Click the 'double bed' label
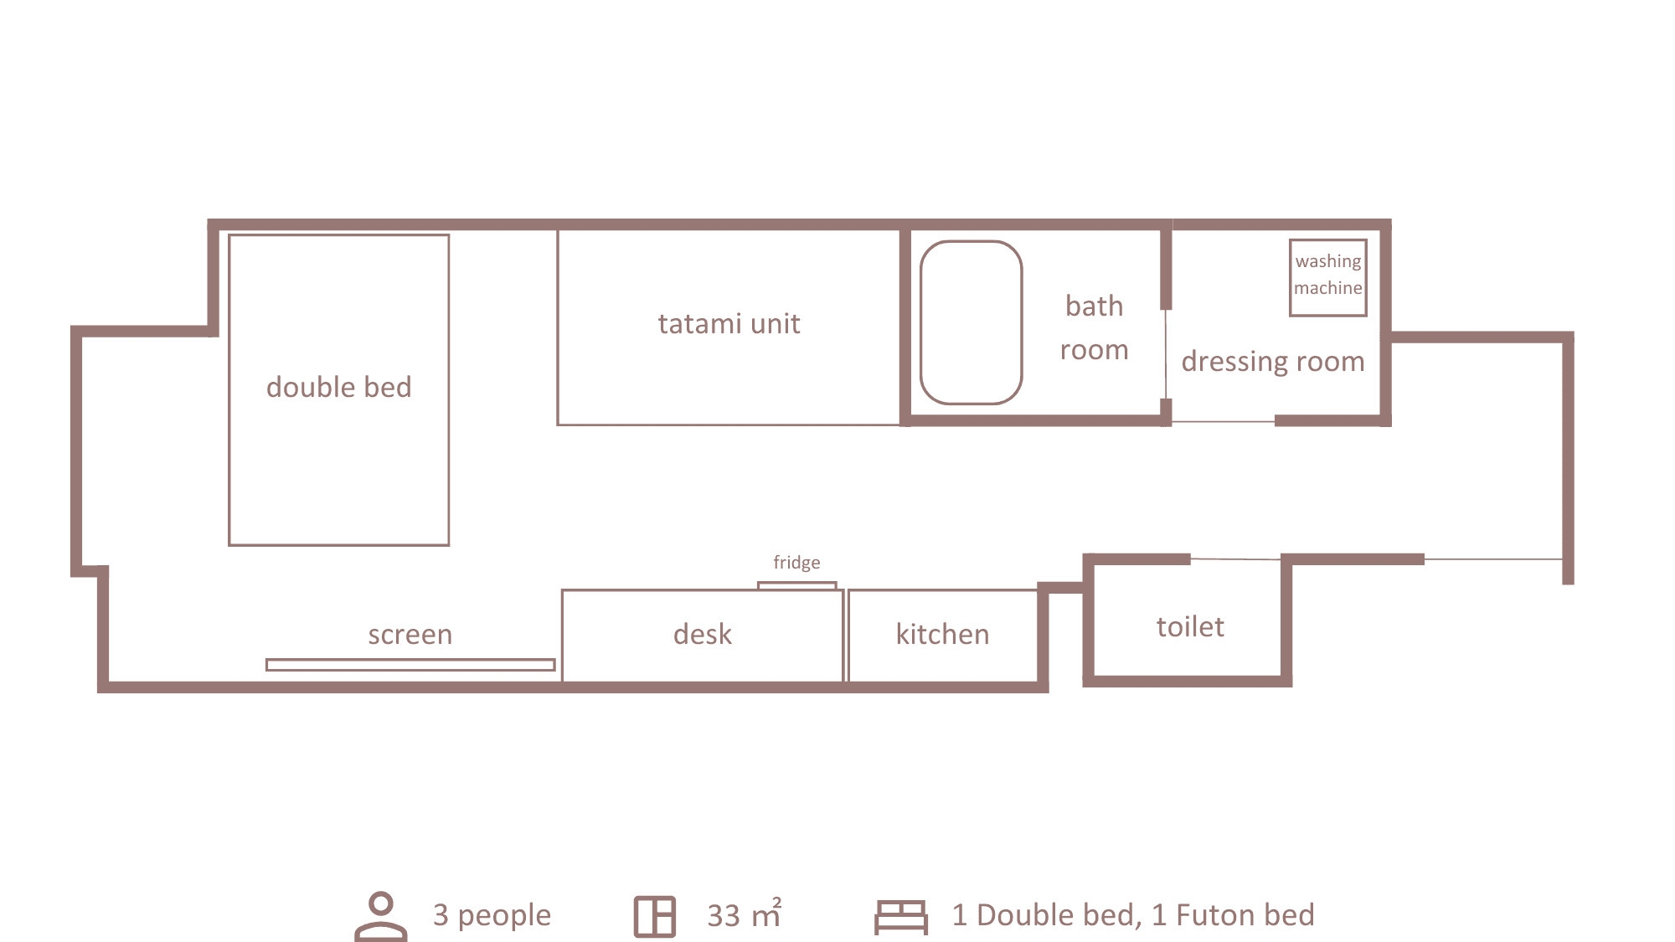coord(338,387)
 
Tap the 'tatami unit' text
coord(729,323)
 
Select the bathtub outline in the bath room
coord(921,322)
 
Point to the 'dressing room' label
coord(1273,362)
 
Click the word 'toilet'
coord(1190,626)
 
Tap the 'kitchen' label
coord(942,634)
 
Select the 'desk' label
coord(702,634)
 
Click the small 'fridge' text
coord(796,562)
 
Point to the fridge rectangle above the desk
coord(796,583)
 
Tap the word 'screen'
coord(410,635)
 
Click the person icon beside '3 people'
coord(381,916)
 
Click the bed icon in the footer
coord(901,917)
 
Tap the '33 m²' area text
coord(745,914)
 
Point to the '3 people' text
coord(492,915)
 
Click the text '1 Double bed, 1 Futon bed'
coord(1133,914)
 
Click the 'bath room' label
coord(1095,327)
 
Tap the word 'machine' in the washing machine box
coord(1328,288)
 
